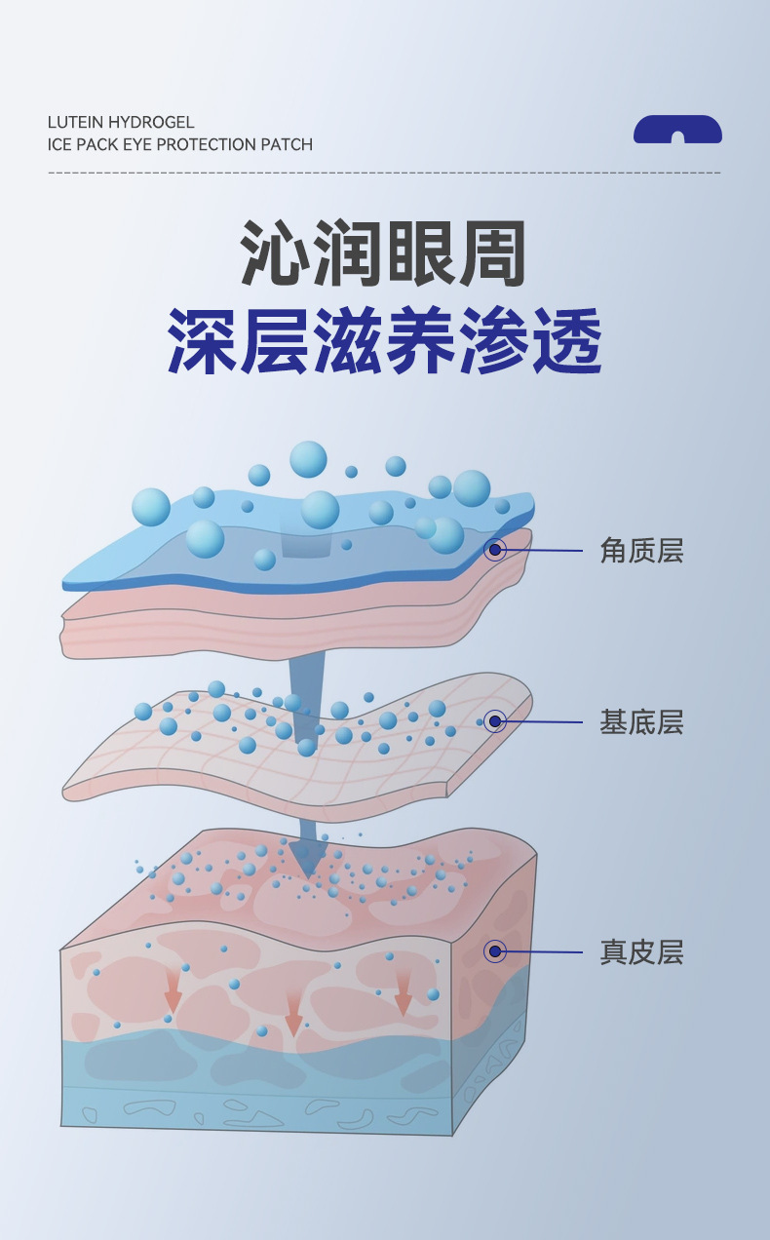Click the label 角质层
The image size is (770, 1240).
[641, 551]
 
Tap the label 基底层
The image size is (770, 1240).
[641, 722]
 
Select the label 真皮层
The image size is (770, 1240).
[641, 951]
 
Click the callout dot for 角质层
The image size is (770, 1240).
[495, 550]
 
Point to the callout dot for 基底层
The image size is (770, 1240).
[495, 721]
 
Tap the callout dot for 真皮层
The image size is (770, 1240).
[495, 950]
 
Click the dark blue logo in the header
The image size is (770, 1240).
[677, 130]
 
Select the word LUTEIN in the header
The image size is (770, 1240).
[76, 122]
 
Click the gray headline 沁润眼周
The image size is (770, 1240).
[384, 254]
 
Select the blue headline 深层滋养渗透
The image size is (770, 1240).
[384, 341]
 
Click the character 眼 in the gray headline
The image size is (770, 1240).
[421, 254]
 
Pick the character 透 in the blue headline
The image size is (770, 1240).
[566, 341]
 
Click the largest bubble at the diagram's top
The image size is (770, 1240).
[309, 459]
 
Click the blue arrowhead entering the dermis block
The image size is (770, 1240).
[309, 858]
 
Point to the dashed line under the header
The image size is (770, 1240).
[384, 173]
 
